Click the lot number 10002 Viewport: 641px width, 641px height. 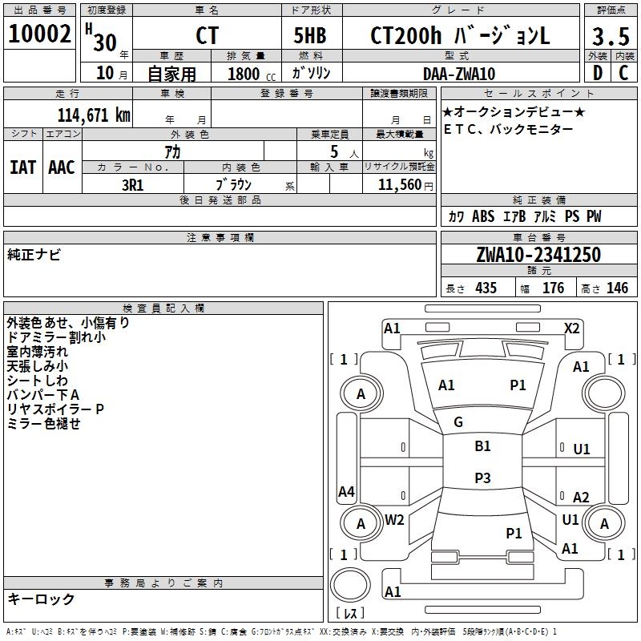pos(39,34)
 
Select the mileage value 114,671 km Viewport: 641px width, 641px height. pos(94,115)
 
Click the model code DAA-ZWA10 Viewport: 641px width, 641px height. pos(459,74)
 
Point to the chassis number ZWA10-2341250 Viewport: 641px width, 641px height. pos(538,255)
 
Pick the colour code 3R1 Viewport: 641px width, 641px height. pos(132,184)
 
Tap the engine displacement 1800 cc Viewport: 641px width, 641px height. pos(248,74)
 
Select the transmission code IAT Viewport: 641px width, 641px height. pos(22,167)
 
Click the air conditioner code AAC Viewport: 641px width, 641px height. pos(62,167)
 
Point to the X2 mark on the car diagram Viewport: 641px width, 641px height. pos(571,328)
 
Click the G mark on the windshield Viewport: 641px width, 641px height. pos(458,421)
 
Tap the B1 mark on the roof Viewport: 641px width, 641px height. pos(482,446)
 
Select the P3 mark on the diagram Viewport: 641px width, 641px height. pos(482,478)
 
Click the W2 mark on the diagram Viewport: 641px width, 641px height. pos(394,519)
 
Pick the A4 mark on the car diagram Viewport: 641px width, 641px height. pos(346,491)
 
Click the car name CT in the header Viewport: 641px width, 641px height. pos(207,36)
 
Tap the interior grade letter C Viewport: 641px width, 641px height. pos(623,74)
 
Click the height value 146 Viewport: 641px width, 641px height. pos(617,288)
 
